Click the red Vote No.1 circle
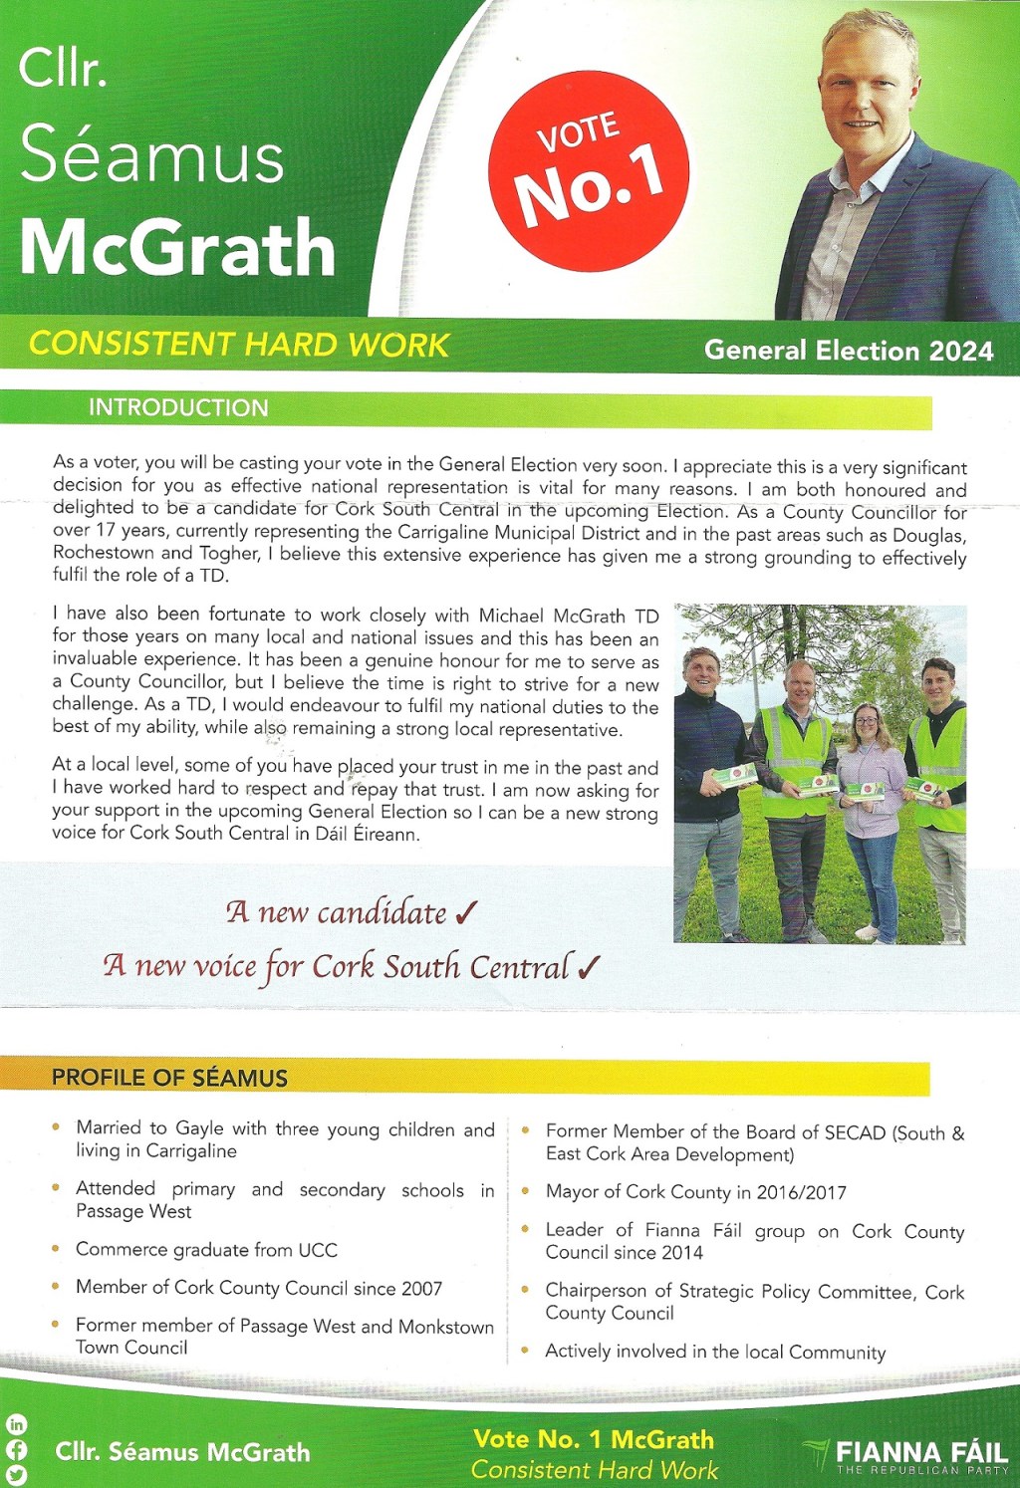coord(589,170)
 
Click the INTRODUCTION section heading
coord(178,407)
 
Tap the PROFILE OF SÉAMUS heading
coord(169,1078)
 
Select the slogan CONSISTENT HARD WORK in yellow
coord(239,345)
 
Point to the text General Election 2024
coord(848,351)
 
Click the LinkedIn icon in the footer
coord(17,1425)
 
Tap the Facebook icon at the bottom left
coord(17,1451)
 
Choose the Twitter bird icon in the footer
coord(17,1476)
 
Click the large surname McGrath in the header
coord(177,248)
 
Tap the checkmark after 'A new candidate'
coord(466,911)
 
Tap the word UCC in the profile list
coord(318,1250)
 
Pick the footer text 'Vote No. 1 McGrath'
coord(594,1439)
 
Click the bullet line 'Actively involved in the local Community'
coord(714,1352)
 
